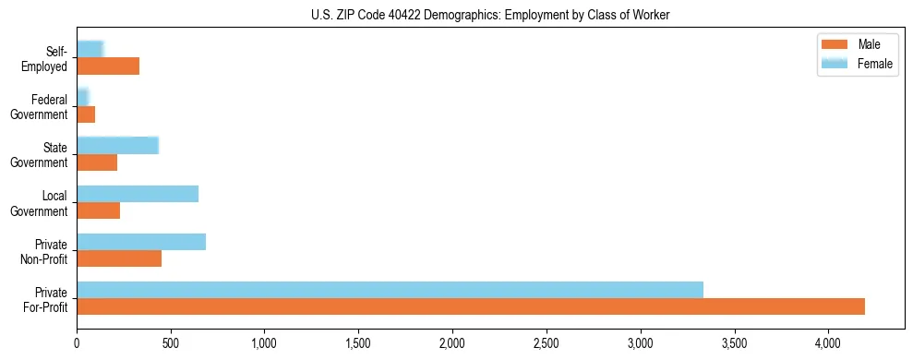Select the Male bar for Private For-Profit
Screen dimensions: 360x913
click(470, 306)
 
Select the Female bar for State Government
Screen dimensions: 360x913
click(117, 145)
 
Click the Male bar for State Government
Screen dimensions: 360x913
click(97, 162)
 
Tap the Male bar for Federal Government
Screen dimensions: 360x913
click(86, 114)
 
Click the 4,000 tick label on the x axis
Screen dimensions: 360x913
click(828, 342)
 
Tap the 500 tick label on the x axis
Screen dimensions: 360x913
click(171, 342)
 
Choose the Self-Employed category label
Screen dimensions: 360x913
click(45, 58)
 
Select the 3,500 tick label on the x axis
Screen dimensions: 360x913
click(734, 342)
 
